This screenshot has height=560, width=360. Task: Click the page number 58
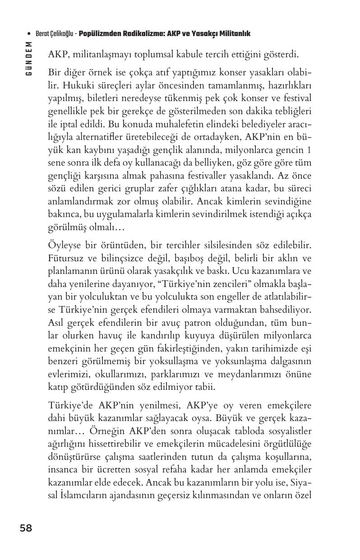(26, 528)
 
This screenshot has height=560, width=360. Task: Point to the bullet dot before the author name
(29, 34)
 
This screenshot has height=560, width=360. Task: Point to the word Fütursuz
(65, 259)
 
